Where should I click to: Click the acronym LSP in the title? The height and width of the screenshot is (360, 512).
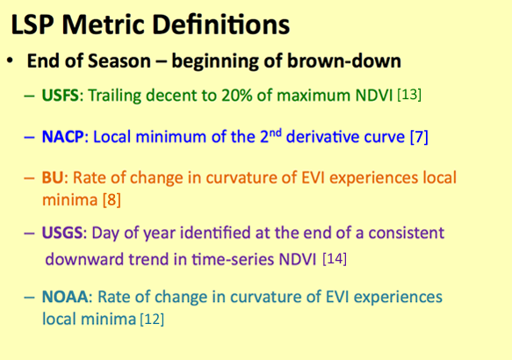tap(32, 25)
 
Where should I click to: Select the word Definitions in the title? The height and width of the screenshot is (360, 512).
tap(221, 25)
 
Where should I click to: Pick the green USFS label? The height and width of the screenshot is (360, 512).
tap(61, 96)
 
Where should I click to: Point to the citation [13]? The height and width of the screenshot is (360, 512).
tap(409, 95)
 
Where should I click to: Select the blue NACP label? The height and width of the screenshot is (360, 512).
tap(63, 137)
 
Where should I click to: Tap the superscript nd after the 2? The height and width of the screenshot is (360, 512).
tap(275, 133)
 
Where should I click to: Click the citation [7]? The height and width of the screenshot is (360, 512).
tap(419, 137)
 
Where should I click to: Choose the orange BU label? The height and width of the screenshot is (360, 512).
tap(53, 178)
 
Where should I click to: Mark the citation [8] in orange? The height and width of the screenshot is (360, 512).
tap(112, 199)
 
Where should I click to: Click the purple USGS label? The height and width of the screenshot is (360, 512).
tap(62, 233)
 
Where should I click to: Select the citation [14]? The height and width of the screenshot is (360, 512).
tap(335, 259)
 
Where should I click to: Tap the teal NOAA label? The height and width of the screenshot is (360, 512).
tap(65, 297)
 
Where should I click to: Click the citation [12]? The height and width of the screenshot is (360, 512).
tap(152, 319)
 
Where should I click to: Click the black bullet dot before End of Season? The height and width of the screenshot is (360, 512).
tap(11, 61)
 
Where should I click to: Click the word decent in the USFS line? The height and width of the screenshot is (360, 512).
tap(169, 96)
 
